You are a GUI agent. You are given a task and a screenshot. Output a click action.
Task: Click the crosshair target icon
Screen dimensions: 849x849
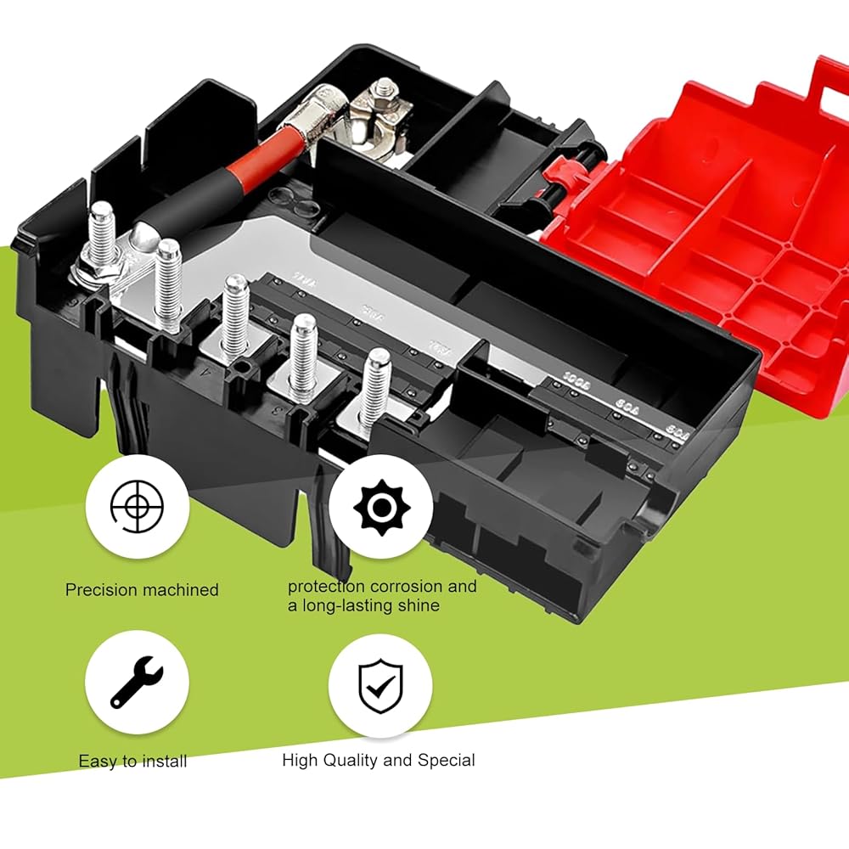(137, 507)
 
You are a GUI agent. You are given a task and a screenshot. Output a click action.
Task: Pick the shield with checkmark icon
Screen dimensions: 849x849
(380, 686)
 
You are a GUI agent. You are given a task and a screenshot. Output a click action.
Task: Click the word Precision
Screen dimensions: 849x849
(99, 589)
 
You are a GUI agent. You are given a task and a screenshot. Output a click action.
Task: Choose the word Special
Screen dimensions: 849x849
(447, 760)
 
